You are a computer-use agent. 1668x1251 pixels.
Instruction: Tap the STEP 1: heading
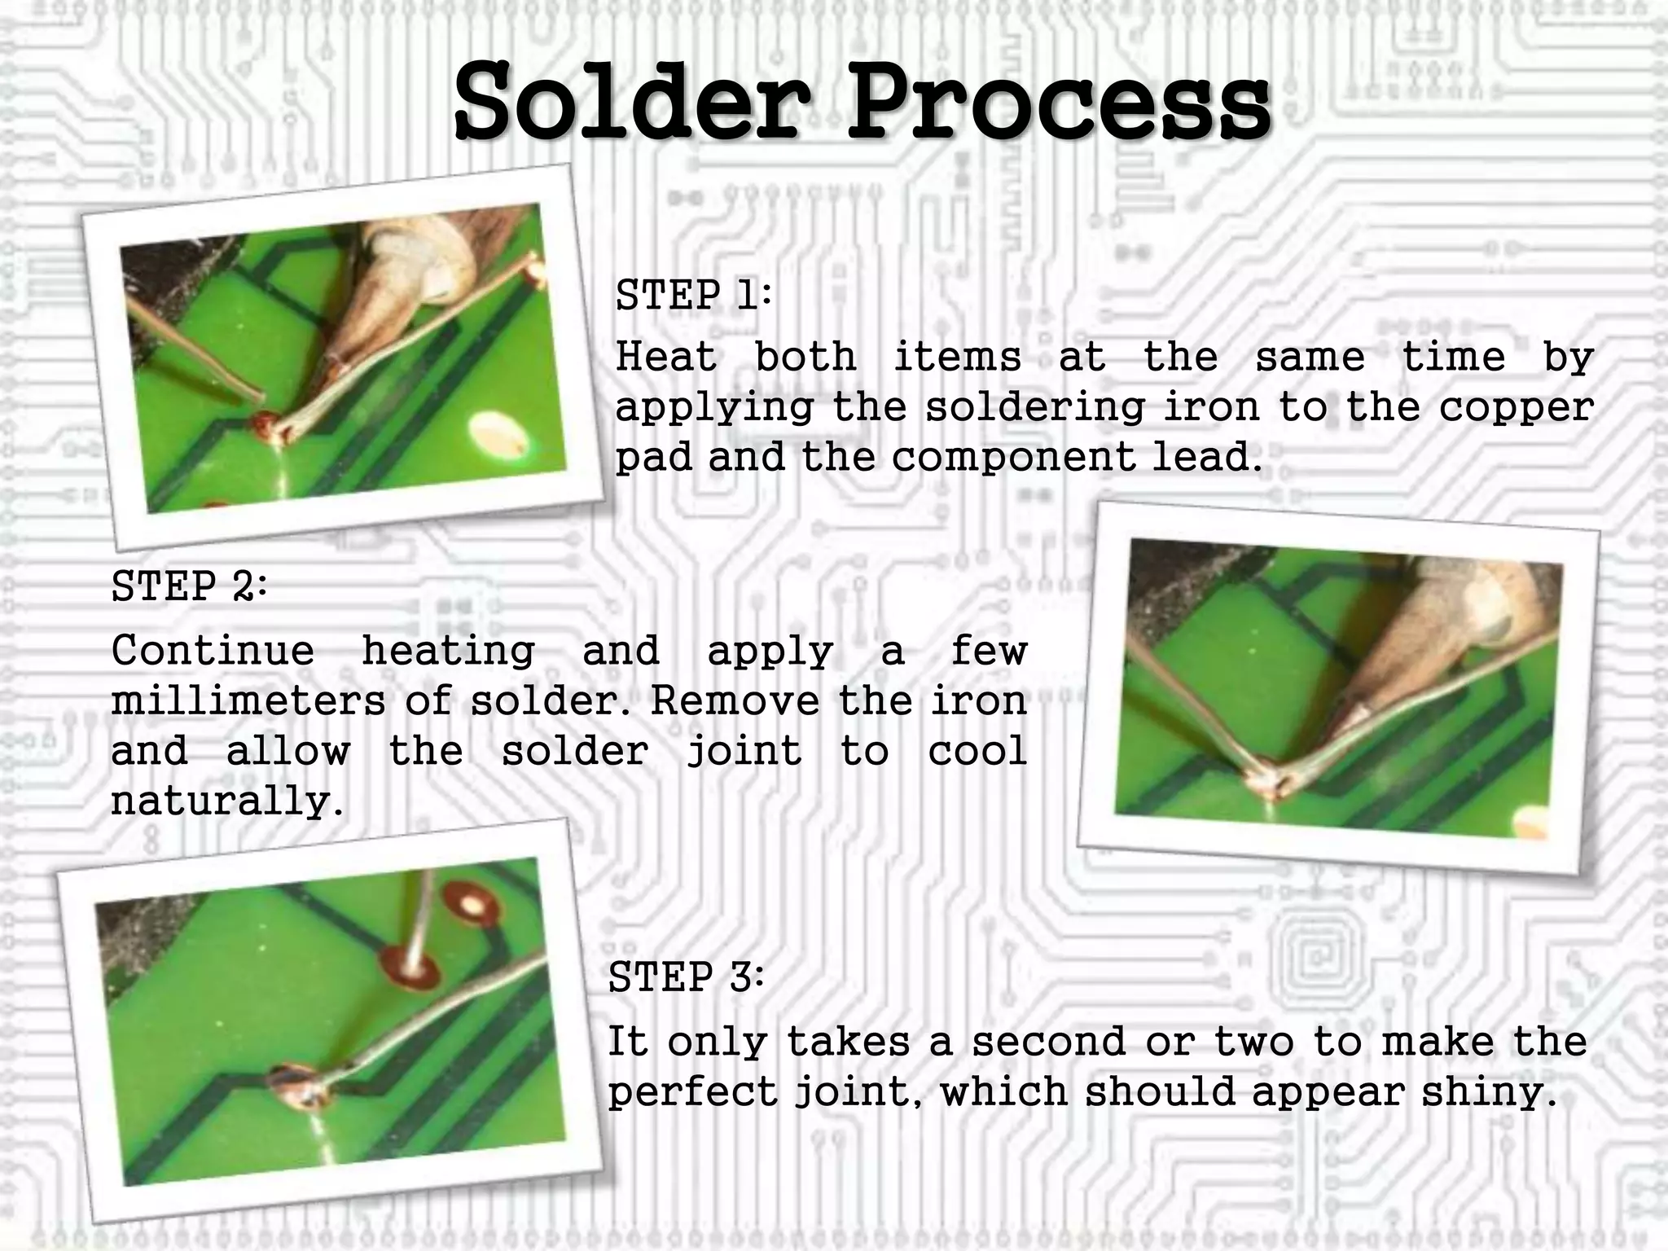coord(693,295)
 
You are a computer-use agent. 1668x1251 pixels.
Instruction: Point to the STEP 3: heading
coord(686,977)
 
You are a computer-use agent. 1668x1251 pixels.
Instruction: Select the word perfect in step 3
coord(692,1091)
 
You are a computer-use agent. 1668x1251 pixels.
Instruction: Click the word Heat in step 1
coord(665,357)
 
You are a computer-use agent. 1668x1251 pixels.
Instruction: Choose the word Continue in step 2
coord(213,651)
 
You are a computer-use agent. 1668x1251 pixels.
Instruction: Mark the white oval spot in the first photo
coord(494,430)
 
